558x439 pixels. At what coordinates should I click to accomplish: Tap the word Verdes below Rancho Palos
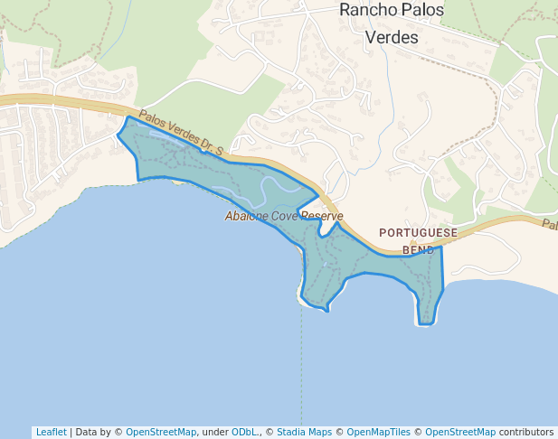[x=391, y=38]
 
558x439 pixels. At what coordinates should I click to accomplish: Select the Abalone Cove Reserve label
[x=284, y=216]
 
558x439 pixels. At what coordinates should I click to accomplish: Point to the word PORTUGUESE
[x=418, y=232]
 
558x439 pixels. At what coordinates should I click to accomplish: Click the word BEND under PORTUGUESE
[x=419, y=250]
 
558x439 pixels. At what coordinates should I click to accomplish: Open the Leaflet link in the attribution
[x=51, y=432]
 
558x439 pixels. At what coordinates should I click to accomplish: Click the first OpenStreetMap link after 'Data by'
[x=161, y=432]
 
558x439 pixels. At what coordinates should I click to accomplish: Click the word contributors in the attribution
[x=526, y=432]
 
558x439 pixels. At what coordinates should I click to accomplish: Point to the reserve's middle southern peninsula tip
[x=326, y=310]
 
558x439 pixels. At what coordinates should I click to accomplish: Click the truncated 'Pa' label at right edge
[x=549, y=224]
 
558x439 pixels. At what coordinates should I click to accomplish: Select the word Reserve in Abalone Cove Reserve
[x=322, y=216]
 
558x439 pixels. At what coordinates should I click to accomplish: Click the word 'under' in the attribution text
[x=215, y=432]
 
